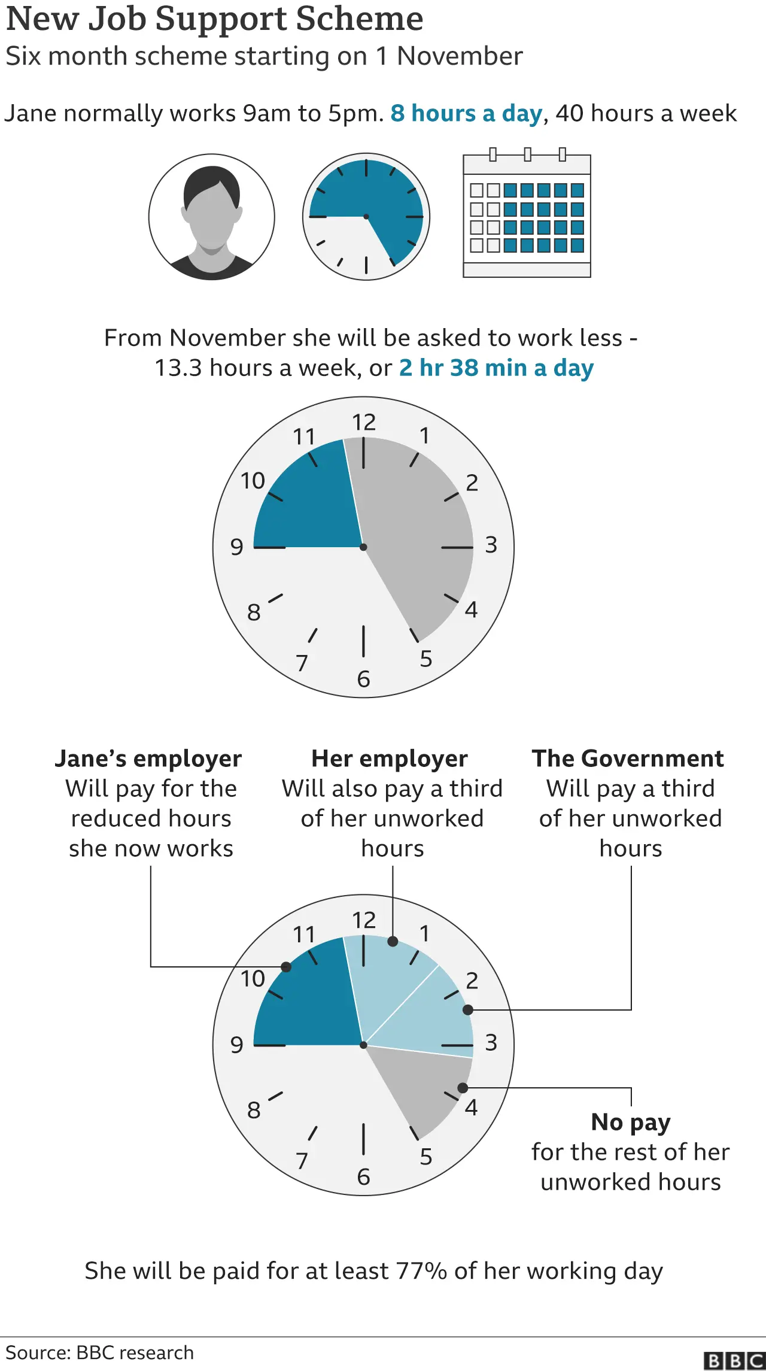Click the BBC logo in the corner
coord(734,1360)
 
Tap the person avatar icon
coord(212,217)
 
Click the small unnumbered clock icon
coord(366,217)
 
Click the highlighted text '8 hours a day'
coord(466,113)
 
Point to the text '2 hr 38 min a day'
coord(496,368)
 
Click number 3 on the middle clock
coord(491,545)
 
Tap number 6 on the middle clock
coord(363,679)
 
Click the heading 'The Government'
coord(628,759)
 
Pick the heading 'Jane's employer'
coord(148,759)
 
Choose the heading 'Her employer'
coord(390,759)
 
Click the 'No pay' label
coord(631,1122)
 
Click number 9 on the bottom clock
coord(237,1045)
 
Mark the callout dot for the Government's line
coord(468,1010)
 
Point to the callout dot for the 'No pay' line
coord(463,1088)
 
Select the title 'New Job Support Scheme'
coord(214,19)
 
